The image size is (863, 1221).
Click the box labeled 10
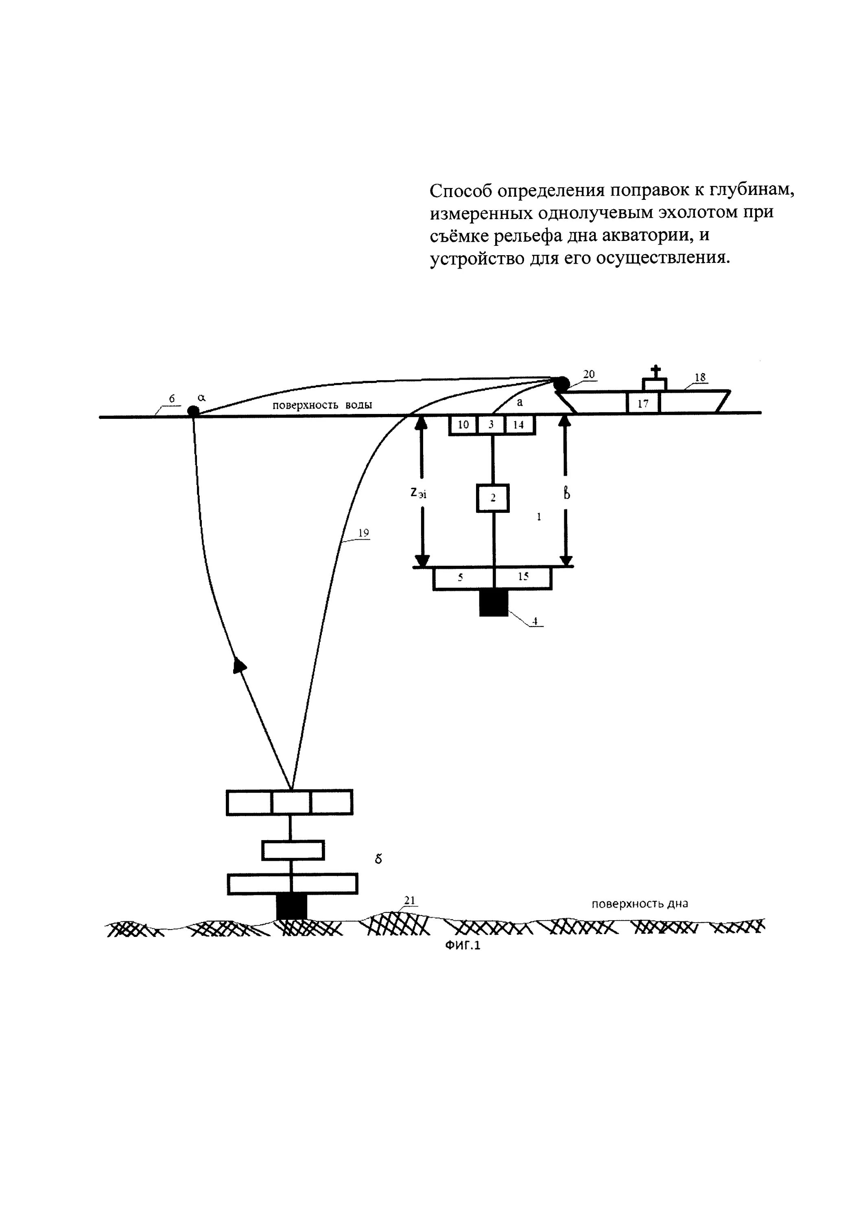tap(463, 425)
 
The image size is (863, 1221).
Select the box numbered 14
tap(518, 425)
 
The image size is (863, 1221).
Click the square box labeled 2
tap(492, 498)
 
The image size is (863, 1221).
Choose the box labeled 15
tap(523, 578)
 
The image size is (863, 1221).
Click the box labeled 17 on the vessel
tap(643, 403)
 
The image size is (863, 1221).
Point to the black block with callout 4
tap(494, 603)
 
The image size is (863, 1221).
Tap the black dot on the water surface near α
tap(193, 411)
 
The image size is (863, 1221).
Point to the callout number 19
tap(364, 533)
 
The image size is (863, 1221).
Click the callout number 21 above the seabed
tap(409, 900)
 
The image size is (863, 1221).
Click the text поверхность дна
tap(640, 904)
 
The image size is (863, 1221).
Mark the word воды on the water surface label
tap(355, 405)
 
